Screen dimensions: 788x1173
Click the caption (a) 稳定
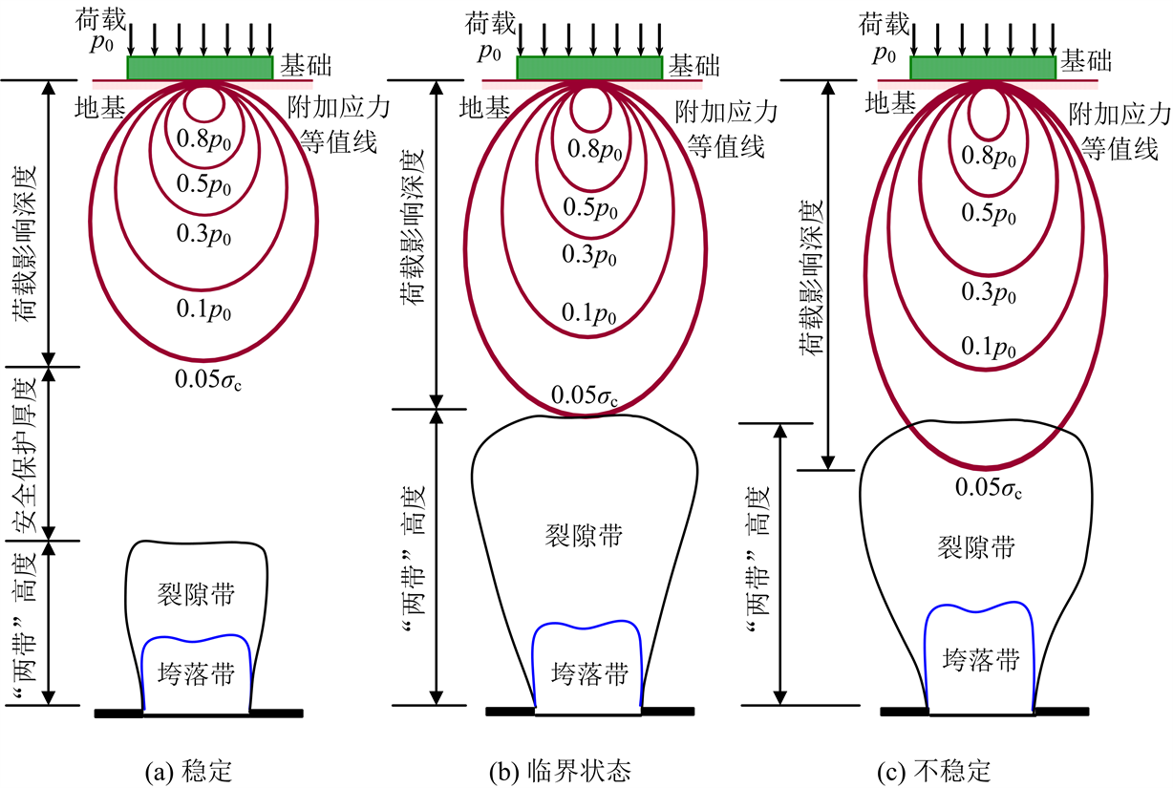point(187,770)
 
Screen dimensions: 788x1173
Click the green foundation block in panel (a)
point(201,68)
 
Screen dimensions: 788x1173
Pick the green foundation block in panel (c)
point(983,68)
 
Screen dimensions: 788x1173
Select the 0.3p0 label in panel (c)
point(988,290)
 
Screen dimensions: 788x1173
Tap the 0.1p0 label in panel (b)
point(589,313)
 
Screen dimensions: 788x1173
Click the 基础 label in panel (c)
point(1086,62)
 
